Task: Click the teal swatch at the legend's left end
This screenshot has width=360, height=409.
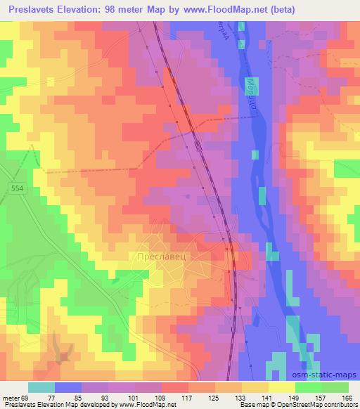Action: [x=41, y=387]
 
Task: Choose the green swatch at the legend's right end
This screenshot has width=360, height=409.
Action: [x=335, y=387]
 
